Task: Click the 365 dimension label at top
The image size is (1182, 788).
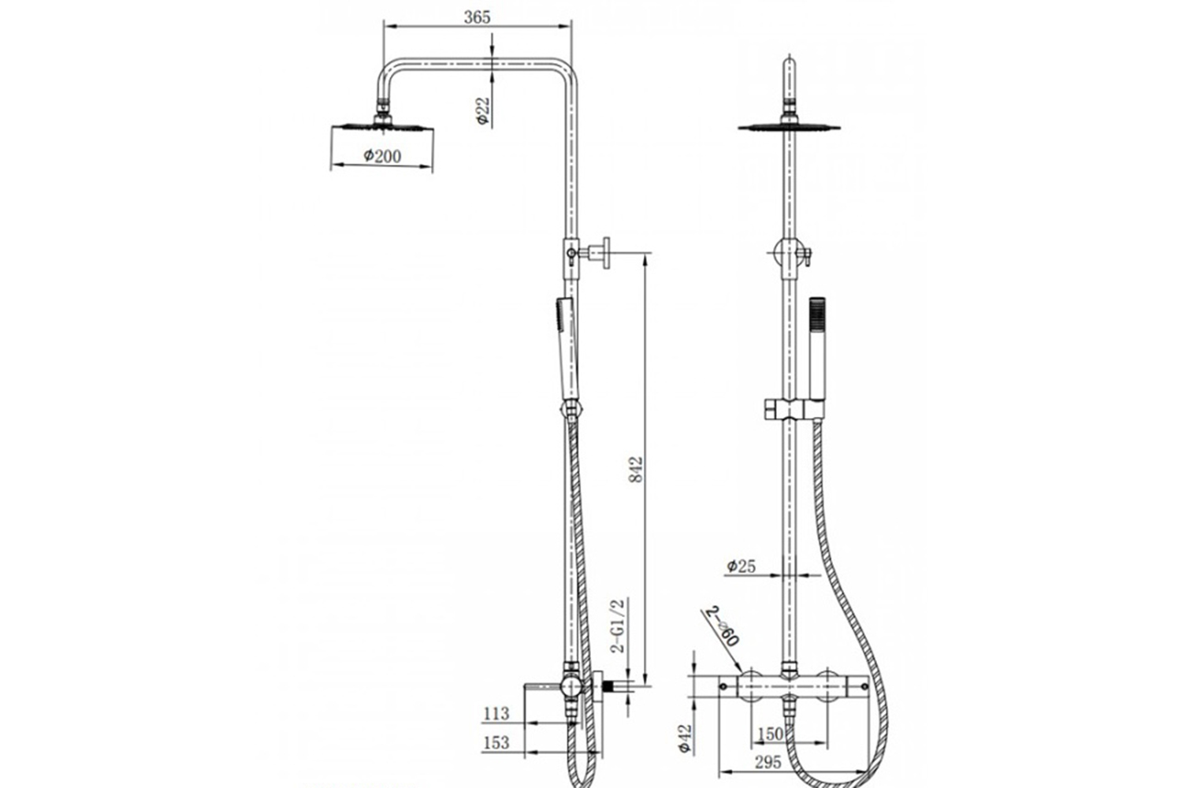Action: coord(477,17)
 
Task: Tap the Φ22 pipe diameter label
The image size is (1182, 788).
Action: coord(483,111)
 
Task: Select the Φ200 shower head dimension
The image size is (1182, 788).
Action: coord(382,156)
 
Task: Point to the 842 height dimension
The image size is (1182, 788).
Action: coord(637,469)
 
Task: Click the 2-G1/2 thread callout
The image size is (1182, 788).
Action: coord(618,626)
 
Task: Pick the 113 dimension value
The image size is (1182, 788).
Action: coord(496,714)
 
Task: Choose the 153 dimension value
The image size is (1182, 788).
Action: coord(496,742)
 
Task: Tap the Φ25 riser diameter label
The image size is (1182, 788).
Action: coord(741,567)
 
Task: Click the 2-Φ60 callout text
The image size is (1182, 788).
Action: coord(722,626)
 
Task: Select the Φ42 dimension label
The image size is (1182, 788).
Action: coord(685,739)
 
